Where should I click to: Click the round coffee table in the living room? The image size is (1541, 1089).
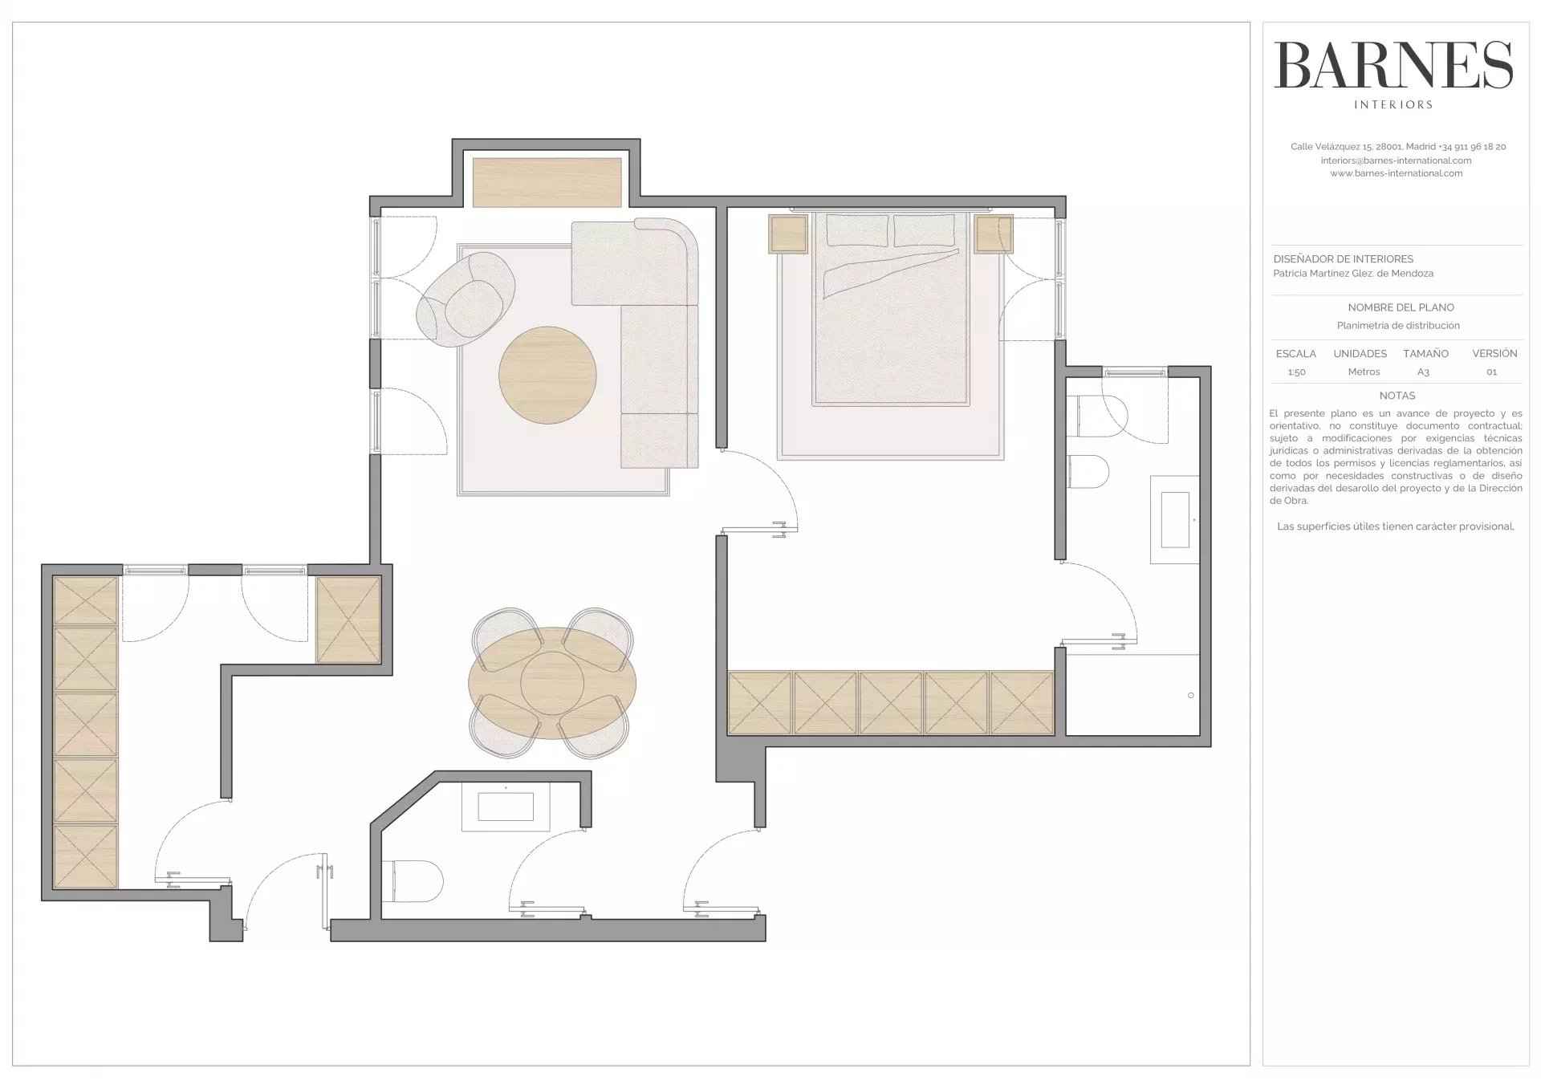coord(547,375)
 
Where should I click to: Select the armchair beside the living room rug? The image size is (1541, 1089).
coord(466,299)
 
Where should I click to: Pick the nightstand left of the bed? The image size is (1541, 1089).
coord(788,234)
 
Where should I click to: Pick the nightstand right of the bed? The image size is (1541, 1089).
coord(994,234)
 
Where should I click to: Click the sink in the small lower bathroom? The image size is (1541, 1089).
coord(506,807)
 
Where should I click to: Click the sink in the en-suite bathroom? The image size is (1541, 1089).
coord(1175,520)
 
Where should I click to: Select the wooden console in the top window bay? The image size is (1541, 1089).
coord(547,182)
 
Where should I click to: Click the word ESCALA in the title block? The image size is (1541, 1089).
coord(1296,354)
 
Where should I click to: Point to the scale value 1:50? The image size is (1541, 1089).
coord(1296,372)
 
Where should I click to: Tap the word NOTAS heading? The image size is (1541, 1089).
coord(1397,396)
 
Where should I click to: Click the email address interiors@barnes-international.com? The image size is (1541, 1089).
coord(1397,161)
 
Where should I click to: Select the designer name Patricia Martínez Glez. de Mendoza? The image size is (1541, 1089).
coord(1353,274)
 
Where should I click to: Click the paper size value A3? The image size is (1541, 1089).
coord(1423,372)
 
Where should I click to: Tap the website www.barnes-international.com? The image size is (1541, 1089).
coord(1397,173)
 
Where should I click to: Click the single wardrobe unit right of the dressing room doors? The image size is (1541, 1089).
coord(348,620)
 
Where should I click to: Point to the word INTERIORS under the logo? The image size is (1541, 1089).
coord(1393,104)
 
